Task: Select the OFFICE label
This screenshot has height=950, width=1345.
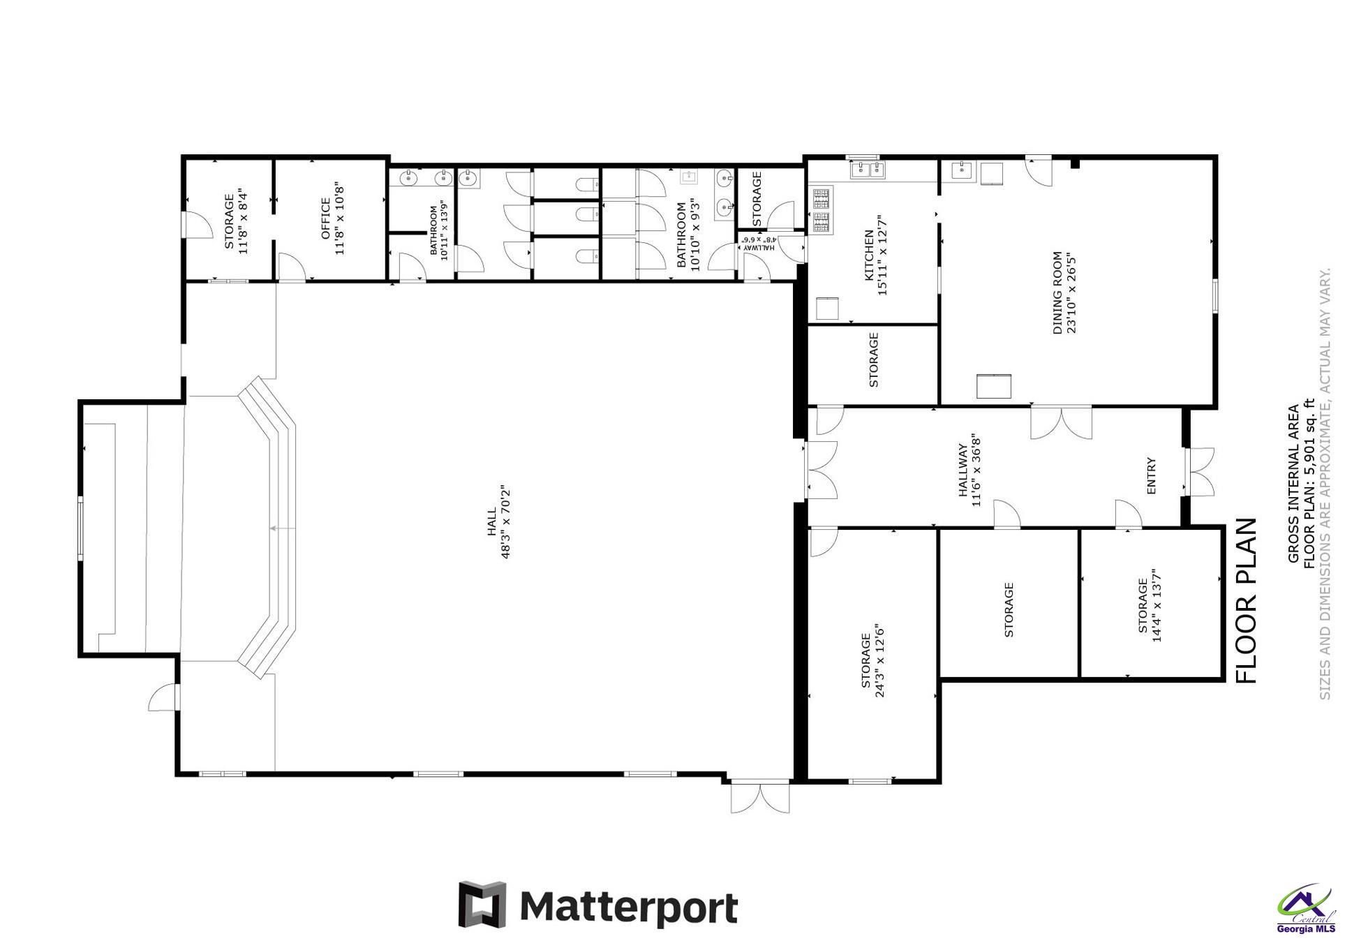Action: pyautogui.click(x=325, y=218)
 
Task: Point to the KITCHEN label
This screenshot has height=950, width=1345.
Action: pyautogui.click(x=869, y=255)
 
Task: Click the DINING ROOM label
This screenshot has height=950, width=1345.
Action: pyautogui.click(x=1057, y=293)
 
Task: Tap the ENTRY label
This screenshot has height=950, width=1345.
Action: pyautogui.click(x=1152, y=476)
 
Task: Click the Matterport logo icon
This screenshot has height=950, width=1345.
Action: pyautogui.click(x=482, y=905)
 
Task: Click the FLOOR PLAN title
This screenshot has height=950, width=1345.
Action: pyautogui.click(x=1247, y=601)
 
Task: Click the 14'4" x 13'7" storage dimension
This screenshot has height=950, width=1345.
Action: pyautogui.click(x=1157, y=604)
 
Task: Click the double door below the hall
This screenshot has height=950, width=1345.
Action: pyautogui.click(x=761, y=796)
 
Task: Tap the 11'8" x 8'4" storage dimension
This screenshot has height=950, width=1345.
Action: pyautogui.click(x=244, y=221)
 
